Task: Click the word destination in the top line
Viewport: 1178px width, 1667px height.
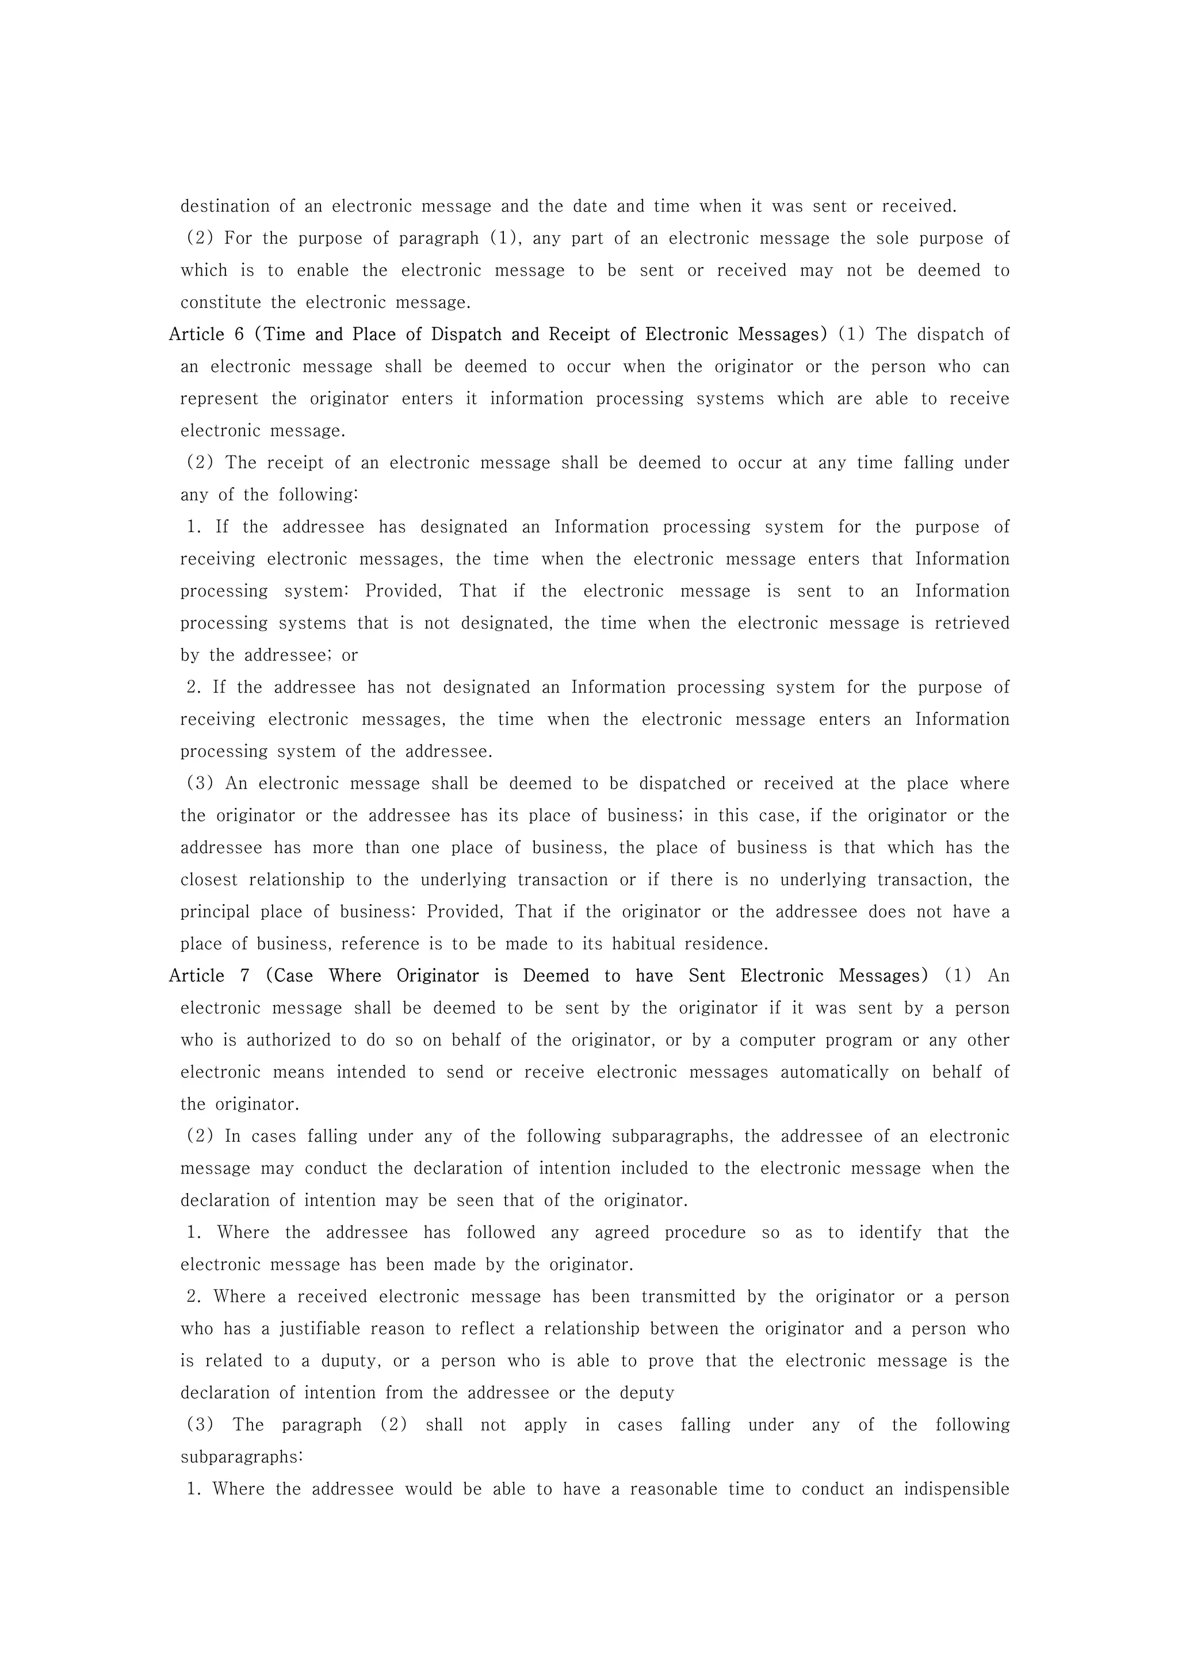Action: click(x=225, y=206)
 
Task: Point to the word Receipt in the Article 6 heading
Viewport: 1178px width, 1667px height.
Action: click(x=579, y=335)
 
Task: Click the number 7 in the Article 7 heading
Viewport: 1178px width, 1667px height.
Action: click(x=246, y=976)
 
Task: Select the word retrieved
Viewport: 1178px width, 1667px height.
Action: click(x=972, y=623)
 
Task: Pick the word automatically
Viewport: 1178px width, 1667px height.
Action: click(x=835, y=1072)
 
